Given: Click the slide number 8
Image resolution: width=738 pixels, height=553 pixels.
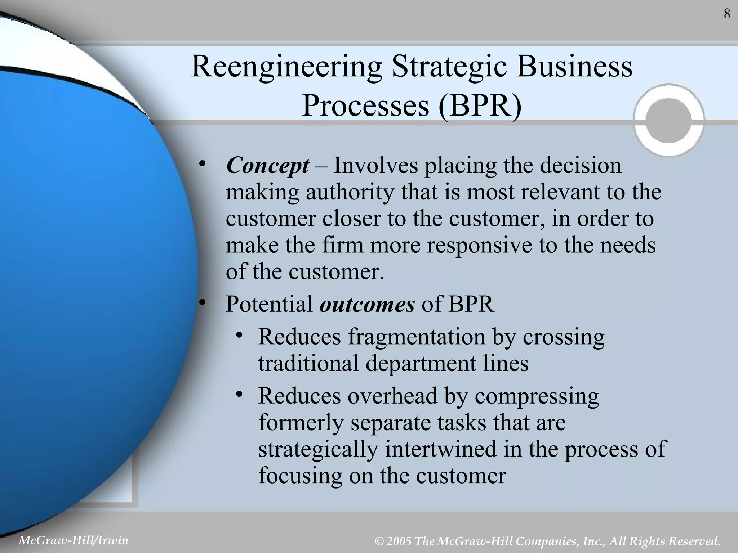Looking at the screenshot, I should pyautogui.click(x=727, y=14).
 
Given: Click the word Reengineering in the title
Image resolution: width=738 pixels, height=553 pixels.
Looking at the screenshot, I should pyautogui.click(x=286, y=67).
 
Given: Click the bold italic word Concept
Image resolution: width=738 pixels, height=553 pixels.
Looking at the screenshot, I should pyautogui.click(x=267, y=166).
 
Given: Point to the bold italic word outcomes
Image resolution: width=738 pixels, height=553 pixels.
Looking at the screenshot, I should pyautogui.click(x=367, y=304).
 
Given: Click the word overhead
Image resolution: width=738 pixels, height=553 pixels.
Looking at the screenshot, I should pyautogui.click(x=392, y=396).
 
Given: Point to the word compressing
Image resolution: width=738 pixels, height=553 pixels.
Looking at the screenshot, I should pyautogui.click(x=537, y=396).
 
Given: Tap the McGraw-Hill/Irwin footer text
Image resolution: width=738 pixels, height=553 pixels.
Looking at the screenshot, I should pyautogui.click(x=73, y=540).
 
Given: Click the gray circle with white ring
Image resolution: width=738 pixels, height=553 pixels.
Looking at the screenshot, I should pyautogui.click(x=669, y=120).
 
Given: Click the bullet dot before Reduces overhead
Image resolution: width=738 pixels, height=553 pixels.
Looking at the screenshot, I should pyautogui.click(x=239, y=394).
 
